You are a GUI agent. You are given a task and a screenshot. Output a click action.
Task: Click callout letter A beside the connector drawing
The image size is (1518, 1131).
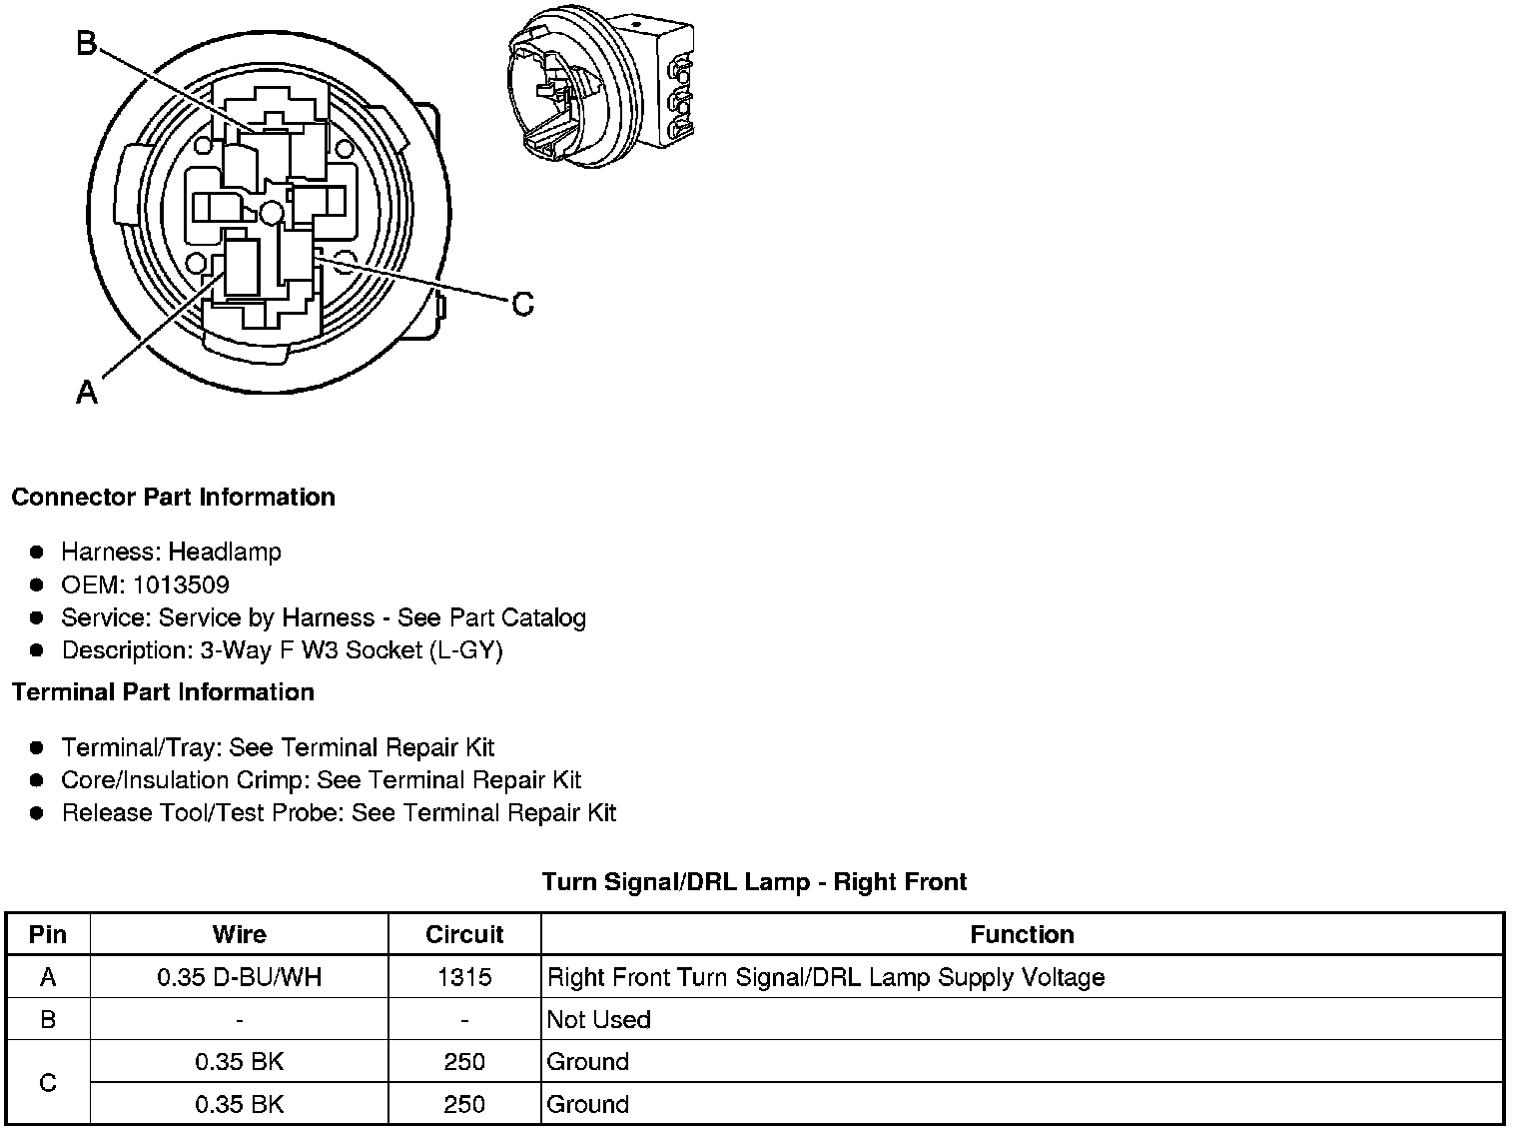tap(87, 393)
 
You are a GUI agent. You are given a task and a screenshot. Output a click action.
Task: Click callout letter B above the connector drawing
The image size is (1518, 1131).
tap(87, 44)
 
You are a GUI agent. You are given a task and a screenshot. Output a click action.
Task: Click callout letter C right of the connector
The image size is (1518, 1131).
tap(522, 304)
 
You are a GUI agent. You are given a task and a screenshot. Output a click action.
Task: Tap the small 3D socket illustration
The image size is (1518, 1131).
tap(600, 89)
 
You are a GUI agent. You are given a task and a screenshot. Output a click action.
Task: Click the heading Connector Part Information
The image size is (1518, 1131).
tap(173, 498)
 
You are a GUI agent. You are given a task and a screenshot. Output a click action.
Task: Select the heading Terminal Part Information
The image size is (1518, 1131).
tap(163, 692)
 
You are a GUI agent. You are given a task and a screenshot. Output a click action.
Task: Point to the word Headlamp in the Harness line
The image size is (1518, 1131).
tap(225, 552)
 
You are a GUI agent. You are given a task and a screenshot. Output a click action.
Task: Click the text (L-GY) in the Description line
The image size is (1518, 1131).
tap(466, 650)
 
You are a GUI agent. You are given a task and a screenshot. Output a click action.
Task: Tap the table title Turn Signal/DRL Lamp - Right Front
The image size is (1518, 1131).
tap(754, 882)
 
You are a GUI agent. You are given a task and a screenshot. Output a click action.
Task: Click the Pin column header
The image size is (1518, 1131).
tap(48, 934)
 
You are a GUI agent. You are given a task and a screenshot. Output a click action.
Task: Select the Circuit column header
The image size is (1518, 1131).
tap(464, 934)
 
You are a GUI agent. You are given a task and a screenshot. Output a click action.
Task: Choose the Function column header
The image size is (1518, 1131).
tap(1022, 934)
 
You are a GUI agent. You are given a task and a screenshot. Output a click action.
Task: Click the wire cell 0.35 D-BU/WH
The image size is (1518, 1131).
tap(240, 977)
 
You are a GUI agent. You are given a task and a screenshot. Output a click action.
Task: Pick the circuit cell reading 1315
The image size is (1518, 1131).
tap(464, 977)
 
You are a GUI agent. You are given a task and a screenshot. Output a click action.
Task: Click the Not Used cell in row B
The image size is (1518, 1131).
tap(599, 1019)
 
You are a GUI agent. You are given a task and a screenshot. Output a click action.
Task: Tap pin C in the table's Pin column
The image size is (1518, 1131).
tap(48, 1083)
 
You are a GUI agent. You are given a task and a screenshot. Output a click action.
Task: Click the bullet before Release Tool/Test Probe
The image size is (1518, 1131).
tap(37, 813)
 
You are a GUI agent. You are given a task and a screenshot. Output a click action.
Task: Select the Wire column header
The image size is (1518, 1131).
tap(240, 934)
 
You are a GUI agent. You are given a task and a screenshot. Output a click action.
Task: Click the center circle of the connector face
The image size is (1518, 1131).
tap(271, 212)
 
